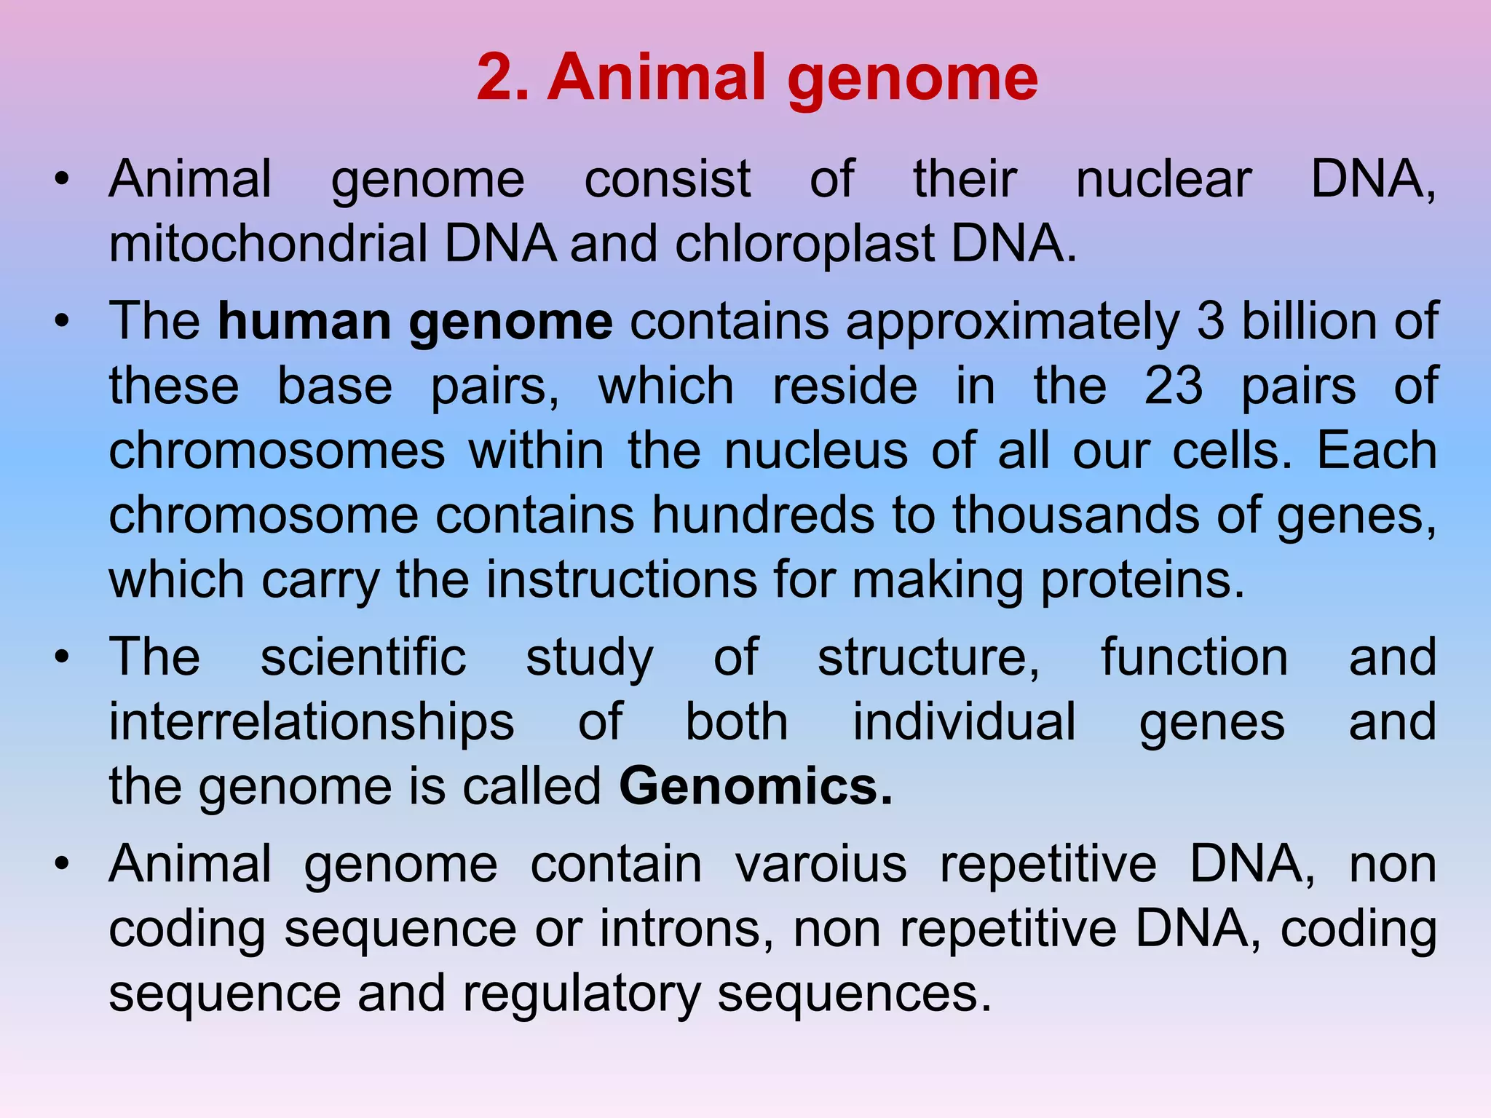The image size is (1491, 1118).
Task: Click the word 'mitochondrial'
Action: (x=268, y=243)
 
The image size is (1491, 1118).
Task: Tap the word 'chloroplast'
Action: (x=804, y=243)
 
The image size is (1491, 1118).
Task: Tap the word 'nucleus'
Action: (x=816, y=450)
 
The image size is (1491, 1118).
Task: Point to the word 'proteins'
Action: (x=1142, y=579)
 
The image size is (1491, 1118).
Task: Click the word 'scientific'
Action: (x=363, y=657)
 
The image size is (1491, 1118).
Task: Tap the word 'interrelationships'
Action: (x=312, y=721)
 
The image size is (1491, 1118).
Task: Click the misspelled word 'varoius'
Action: (x=820, y=864)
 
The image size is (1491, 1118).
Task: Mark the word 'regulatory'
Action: (x=581, y=994)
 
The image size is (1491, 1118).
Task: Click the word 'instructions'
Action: (x=622, y=579)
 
